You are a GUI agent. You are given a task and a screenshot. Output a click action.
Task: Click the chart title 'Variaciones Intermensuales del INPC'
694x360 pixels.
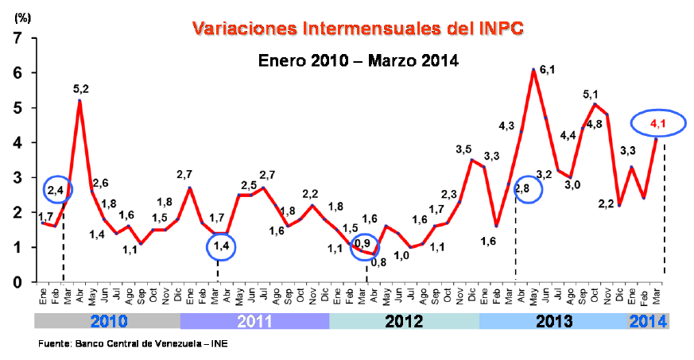(x=358, y=29)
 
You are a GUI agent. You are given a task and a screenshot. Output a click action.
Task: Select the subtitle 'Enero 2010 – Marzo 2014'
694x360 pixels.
(x=358, y=60)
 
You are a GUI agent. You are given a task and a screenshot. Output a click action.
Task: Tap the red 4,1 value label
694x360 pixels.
(x=657, y=124)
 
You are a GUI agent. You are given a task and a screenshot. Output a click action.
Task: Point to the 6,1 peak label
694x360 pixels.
(x=548, y=70)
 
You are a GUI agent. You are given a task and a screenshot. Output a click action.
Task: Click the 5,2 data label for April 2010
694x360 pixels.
(x=81, y=89)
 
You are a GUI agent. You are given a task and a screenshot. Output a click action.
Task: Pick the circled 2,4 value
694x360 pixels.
(x=56, y=190)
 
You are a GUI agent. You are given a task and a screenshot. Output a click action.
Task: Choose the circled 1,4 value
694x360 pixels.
(x=221, y=247)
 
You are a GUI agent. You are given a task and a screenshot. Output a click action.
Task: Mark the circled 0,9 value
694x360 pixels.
(x=363, y=244)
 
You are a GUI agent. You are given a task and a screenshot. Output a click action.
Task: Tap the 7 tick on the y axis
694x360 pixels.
(x=17, y=38)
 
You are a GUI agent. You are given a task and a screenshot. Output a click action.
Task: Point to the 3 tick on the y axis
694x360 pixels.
(x=17, y=177)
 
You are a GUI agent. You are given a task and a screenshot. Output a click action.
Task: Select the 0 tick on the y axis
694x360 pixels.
(x=17, y=281)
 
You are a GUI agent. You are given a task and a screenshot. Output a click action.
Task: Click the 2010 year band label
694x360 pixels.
(x=109, y=321)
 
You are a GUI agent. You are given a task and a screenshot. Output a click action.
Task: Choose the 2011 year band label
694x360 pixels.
(x=254, y=321)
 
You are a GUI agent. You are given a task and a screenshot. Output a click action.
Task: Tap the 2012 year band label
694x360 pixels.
(x=404, y=321)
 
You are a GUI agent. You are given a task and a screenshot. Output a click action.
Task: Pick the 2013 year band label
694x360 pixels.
(x=554, y=321)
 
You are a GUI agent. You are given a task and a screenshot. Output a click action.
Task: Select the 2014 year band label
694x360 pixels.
(x=649, y=321)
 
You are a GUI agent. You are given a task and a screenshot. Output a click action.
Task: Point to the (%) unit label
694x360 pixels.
(x=22, y=18)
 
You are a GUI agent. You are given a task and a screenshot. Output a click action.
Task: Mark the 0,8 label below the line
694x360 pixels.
(x=378, y=262)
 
